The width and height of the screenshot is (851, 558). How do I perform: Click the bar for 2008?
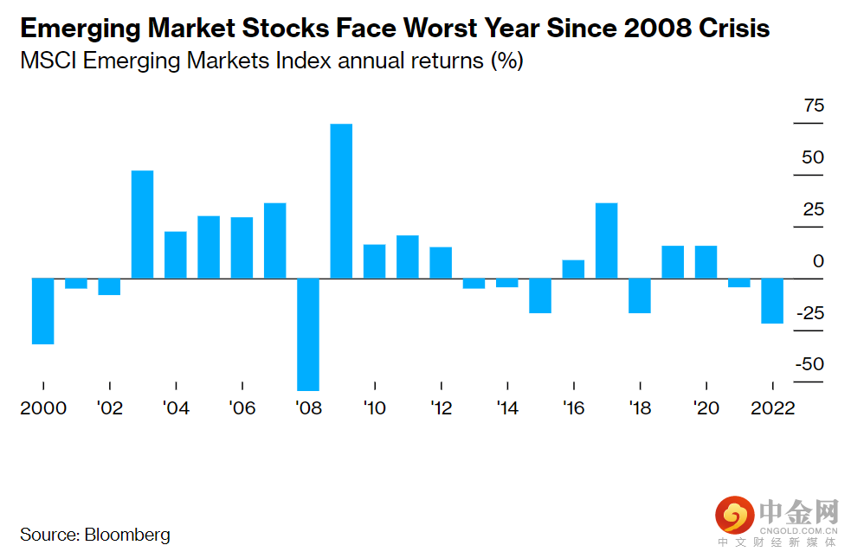coord(308,334)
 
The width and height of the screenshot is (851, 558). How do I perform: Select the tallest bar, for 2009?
coord(341,201)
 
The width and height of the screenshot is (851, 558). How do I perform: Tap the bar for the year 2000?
coord(43,311)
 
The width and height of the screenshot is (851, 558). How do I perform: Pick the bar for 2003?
coord(143,224)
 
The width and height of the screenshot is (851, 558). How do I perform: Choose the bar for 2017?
coord(607,241)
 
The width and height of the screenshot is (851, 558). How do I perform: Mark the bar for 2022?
coord(772,300)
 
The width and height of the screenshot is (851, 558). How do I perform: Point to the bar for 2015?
coord(540,295)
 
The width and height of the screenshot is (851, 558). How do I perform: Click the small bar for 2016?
coord(573,269)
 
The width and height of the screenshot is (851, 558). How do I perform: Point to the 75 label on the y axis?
coord(814,106)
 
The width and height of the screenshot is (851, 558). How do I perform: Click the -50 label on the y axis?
coord(810,365)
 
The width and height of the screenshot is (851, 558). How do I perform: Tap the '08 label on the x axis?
coord(308,407)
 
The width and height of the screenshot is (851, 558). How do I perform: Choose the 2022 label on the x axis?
coord(772,407)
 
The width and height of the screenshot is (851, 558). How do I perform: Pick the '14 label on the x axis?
coord(506,407)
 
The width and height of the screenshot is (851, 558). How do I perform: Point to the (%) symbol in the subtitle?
coord(506,62)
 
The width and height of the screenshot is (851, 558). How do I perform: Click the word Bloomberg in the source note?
coord(127,535)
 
